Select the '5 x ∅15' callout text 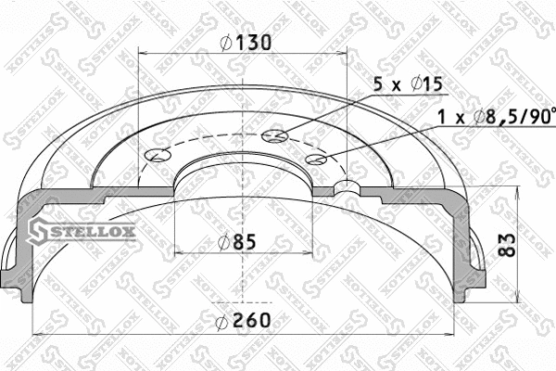(409, 84)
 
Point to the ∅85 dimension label (236, 242)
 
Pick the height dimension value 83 (505, 243)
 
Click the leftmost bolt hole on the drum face (158, 154)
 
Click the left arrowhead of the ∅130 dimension (142, 52)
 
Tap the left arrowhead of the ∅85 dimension (178, 253)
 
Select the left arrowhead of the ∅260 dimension (35, 332)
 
